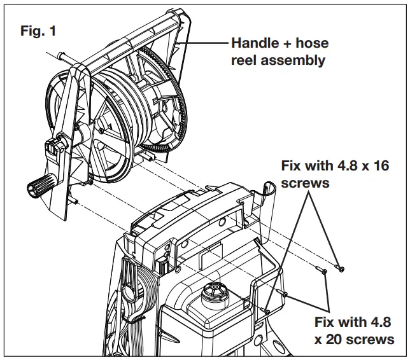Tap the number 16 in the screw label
point(379,167)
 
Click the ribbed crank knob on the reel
point(41,187)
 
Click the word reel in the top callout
point(245,60)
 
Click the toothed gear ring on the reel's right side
point(181,102)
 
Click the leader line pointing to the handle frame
point(205,43)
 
